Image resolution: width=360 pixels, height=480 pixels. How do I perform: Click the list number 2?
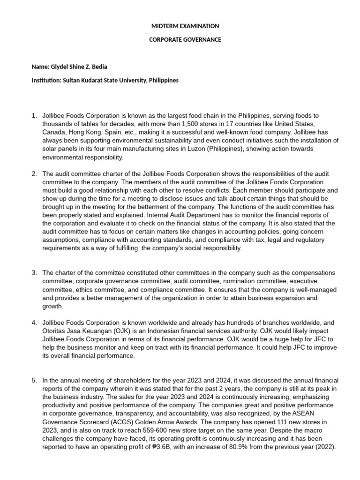pyautogui.click(x=34, y=173)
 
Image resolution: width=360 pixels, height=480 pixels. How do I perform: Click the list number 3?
pyautogui.click(x=34, y=272)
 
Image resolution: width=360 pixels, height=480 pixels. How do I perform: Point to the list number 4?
pyautogui.click(x=34, y=322)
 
